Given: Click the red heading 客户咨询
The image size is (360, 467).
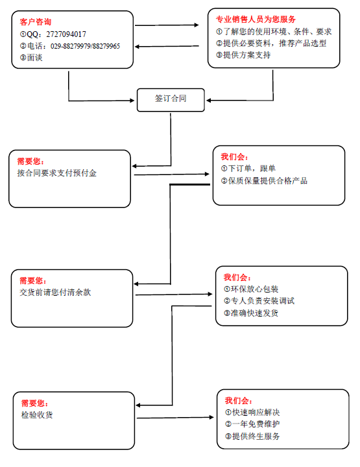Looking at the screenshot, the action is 36,22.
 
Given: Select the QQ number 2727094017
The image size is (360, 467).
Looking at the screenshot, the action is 66,34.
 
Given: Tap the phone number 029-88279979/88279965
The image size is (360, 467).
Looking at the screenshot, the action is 85,46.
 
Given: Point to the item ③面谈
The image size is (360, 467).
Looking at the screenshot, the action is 31,58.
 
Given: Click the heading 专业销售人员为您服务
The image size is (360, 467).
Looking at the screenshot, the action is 256,19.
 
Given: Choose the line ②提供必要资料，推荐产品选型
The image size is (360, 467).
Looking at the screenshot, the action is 271,43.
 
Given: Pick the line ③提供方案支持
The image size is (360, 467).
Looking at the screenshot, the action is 243,55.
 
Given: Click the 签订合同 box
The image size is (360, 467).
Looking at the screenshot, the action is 171,100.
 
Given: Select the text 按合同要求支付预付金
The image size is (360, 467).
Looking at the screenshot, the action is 57,173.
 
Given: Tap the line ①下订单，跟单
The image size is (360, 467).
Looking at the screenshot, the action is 248,169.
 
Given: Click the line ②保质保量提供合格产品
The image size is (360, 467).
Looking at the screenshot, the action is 264,181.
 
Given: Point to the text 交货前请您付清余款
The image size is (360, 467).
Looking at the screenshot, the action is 55,293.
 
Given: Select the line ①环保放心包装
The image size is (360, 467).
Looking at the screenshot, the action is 251,289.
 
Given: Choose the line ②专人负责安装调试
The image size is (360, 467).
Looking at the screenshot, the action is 259,301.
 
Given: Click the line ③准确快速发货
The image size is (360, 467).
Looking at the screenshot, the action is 251,313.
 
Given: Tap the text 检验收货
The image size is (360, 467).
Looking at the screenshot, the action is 37,415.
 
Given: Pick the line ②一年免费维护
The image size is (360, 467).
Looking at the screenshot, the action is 252,424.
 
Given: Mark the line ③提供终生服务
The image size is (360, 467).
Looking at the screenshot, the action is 252,437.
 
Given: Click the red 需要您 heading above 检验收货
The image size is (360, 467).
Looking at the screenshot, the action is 34,403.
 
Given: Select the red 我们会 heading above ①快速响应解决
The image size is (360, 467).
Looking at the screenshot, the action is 239,401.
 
